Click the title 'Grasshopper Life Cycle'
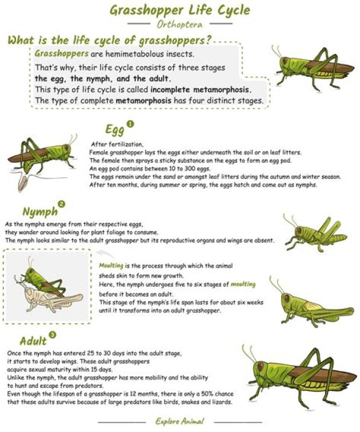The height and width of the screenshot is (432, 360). (x=180, y=10)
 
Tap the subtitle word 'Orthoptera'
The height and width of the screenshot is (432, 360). (x=180, y=24)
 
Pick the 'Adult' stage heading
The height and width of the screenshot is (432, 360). (x=33, y=341)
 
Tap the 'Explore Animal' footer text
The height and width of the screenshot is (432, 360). (x=179, y=421)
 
